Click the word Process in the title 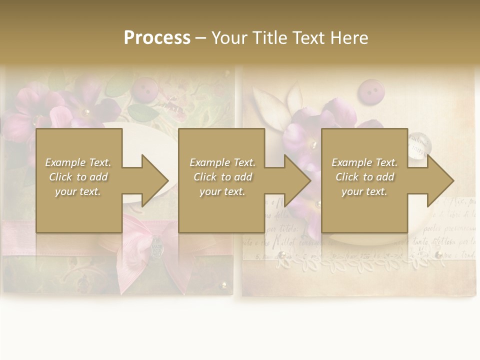click(157, 37)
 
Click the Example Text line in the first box click(78, 162)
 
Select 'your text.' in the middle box click(222, 191)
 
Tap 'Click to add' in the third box click(364, 177)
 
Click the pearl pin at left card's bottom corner click(223, 285)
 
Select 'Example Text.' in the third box click(364, 162)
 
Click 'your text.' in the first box click(78, 191)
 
